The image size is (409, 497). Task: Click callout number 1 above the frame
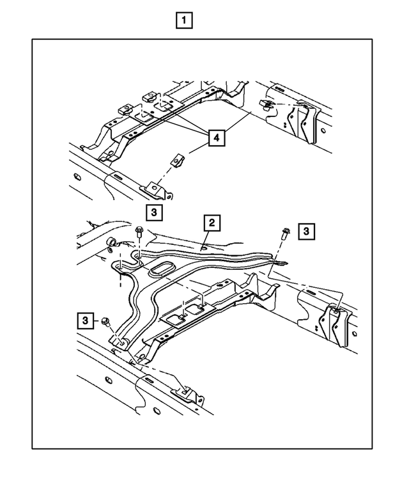tap(184, 21)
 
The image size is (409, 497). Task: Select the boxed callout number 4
tap(216, 137)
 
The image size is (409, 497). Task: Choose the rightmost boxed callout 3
tap(307, 231)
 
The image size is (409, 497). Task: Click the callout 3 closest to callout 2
tap(154, 212)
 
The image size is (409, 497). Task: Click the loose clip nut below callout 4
tap(179, 159)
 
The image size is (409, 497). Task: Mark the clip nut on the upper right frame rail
tap(267, 104)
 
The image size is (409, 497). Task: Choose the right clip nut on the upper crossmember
tap(150, 96)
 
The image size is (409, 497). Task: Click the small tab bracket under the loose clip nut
tap(155, 187)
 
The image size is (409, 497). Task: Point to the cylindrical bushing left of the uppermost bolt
tap(112, 242)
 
